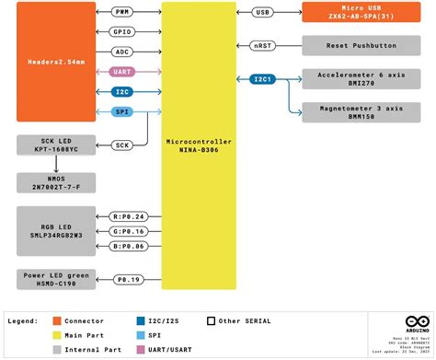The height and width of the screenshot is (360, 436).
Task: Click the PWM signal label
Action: pyautogui.click(x=122, y=13)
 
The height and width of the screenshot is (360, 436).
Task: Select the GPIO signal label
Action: pyautogui.click(x=122, y=30)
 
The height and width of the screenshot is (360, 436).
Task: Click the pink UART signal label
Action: pyautogui.click(x=122, y=71)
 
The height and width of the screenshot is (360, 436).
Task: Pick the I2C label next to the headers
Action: pyautogui.click(x=122, y=92)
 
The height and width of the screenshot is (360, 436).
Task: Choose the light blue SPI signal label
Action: pyautogui.click(x=122, y=111)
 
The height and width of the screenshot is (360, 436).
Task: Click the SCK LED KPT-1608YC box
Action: pyautogui.click(x=54, y=145)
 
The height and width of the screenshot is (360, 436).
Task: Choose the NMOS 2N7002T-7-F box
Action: pyautogui.click(x=54, y=180)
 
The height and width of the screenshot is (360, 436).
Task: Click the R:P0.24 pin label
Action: pyautogui.click(x=127, y=215)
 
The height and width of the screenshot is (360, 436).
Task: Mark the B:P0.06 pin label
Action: pyautogui.click(x=127, y=247)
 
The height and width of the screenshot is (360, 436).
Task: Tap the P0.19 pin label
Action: pyautogui.click(x=127, y=278)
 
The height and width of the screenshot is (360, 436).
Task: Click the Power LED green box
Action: pyautogui.click(x=54, y=278)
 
